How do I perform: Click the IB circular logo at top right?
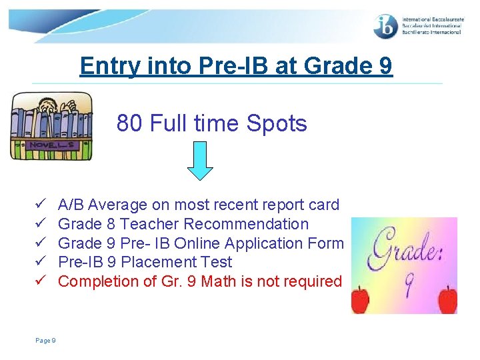click(x=386, y=26)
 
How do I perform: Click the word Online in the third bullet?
click(x=198, y=243)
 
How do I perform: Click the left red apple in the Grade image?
click(x=360, y=300)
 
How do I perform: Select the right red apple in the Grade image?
click(x=448, y=299)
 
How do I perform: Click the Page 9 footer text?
click(x=45, y=341)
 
